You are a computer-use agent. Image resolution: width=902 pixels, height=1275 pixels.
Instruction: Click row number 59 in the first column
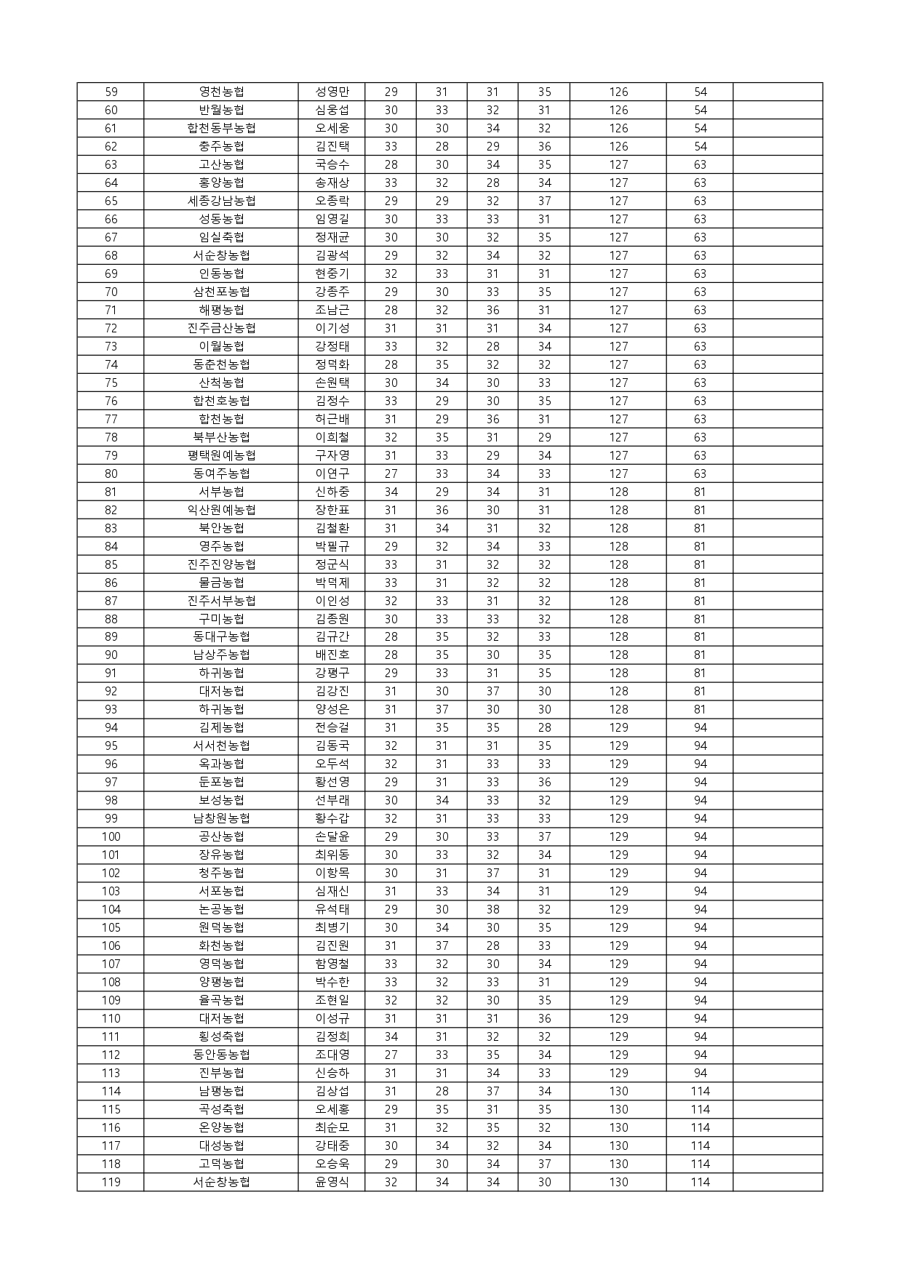[x=111, y=92]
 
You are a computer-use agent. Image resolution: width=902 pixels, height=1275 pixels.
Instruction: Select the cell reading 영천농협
[x=221, y=92]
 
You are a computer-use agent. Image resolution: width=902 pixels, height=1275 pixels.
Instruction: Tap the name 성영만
[x=332, y=92]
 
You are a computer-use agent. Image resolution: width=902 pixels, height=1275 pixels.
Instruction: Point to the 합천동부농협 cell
[x=221, y=128]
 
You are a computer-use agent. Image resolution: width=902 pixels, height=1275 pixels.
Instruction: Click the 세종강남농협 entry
[x=221, y=201]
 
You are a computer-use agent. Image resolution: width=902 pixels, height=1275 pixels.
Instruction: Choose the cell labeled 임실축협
[x=221, y=237]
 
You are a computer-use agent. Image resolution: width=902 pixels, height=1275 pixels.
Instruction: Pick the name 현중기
[x=332, y=273]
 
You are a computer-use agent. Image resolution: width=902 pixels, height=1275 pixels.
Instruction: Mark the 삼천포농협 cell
[x=221, y=292]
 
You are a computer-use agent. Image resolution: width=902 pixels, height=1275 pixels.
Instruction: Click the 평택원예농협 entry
[x=221, y=455]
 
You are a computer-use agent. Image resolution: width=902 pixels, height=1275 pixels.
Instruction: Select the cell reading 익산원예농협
[x=221, y=510]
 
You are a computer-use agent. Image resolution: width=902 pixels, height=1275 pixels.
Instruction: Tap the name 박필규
[x=332, y=546]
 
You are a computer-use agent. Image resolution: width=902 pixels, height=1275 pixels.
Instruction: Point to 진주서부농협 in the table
[x=221, y=601]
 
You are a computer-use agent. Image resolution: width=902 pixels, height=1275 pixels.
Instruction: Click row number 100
[x=111, y=836]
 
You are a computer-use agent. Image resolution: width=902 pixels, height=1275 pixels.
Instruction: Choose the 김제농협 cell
[x=221, y=727]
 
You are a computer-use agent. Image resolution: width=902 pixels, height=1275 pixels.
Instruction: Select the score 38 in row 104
[x=492, y=909]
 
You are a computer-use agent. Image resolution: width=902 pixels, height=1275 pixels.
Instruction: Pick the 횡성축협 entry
[x=221, y=1036]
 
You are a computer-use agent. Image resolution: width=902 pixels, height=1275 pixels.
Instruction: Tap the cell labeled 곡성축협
[x=221, y=1109]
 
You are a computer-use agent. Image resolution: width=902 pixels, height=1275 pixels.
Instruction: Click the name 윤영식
[x=332, y=1182]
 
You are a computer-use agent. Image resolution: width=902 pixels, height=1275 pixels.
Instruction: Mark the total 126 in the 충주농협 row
[x=618, y=146]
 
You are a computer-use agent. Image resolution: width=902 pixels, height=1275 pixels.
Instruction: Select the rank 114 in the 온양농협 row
[x=700, y=1127]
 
